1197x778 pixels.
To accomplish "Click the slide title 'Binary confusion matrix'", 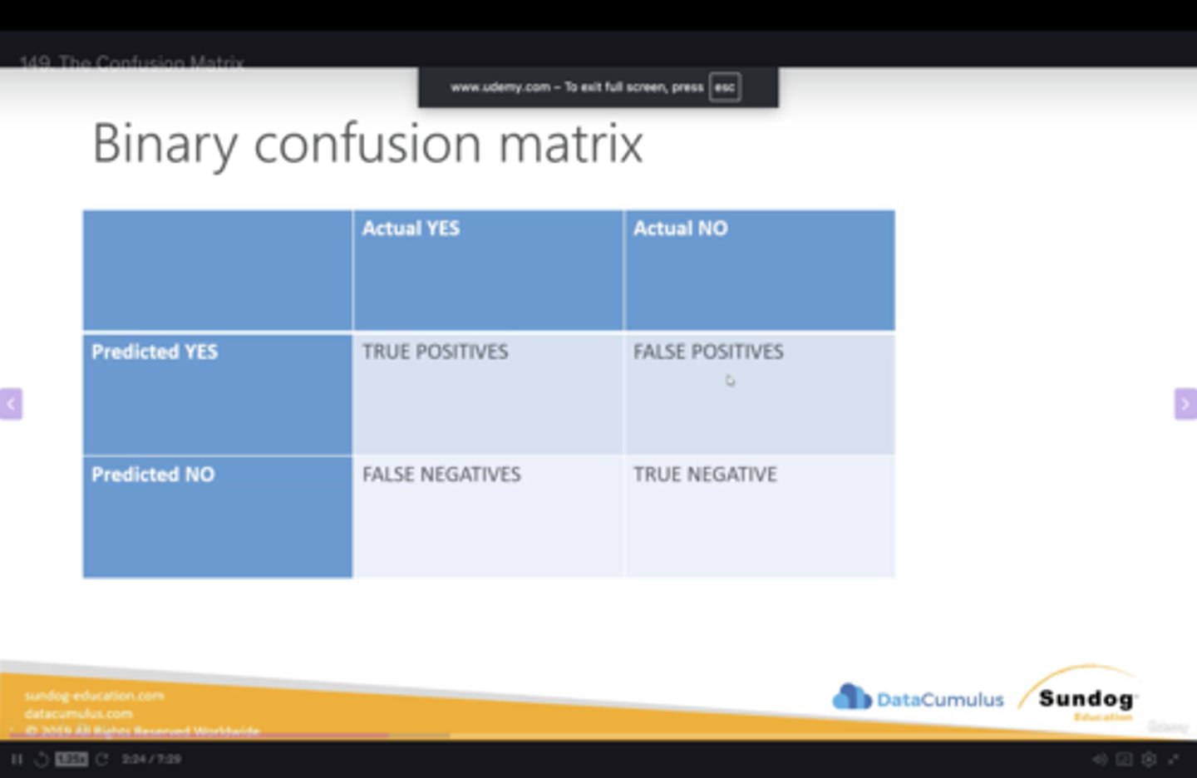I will [x=367, y=144].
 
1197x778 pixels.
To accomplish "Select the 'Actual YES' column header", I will [x=411, y=229].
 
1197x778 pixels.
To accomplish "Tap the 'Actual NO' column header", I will [x=680, y=229].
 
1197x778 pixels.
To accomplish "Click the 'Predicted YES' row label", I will [x=155, y=352].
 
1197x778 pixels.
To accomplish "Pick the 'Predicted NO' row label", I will [x=153, y=475].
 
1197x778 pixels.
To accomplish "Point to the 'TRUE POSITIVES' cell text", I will [x=435, y=352].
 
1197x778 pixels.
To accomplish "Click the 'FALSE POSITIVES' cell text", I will [x=708, y=352].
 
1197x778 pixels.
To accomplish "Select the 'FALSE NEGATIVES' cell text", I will [x=441, y=475].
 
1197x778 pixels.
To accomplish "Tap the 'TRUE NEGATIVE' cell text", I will [x=705, y=475].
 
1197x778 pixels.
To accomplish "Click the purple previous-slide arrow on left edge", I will [x=11, y=404].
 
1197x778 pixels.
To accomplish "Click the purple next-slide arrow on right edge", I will [x=1185, y=404].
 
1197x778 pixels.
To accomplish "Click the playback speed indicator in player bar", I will [x=71, y=759].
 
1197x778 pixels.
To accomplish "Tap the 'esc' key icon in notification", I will [x=725, y=87].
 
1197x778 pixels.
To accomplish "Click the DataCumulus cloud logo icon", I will [x=851, y=697].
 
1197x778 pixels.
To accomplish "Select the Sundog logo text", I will [x=1086, y=698].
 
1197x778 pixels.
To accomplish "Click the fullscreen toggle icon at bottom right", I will [x=1173, y=759].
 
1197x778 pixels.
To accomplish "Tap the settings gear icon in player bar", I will [x=1149, y=759].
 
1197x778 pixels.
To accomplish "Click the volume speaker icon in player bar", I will [x=1099, y=759].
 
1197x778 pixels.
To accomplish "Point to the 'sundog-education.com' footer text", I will [x=95, y=696].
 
